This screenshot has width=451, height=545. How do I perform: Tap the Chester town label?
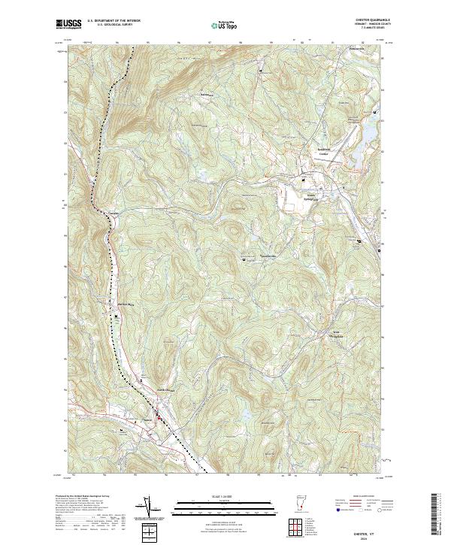coord(148,419)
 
